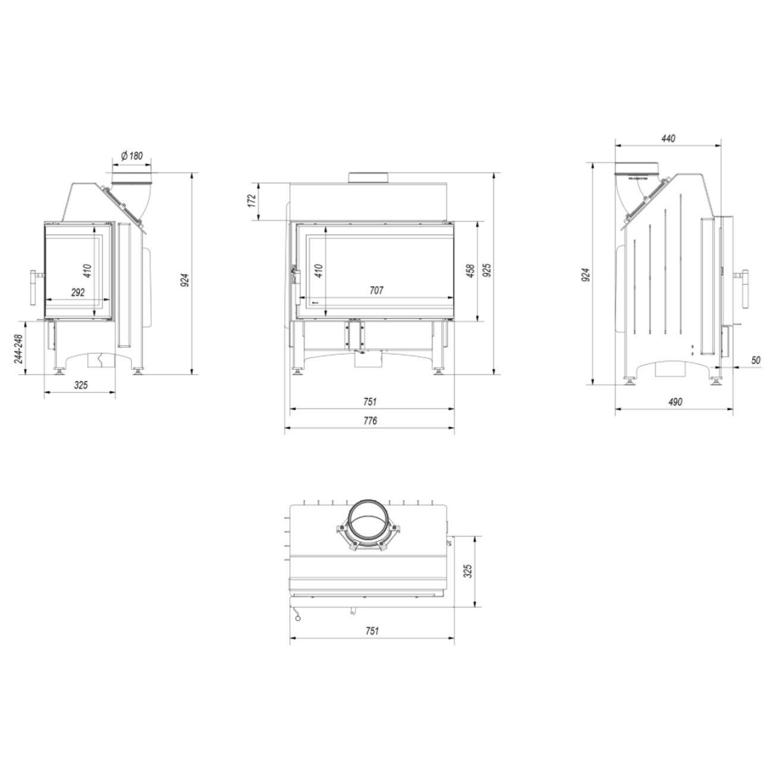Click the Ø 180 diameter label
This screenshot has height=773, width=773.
131,156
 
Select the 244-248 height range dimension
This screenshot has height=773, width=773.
18,348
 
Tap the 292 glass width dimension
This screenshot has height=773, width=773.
78,292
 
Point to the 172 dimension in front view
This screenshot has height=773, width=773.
252,200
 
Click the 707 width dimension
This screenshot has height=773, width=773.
376,290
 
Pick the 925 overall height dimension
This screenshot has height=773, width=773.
487,271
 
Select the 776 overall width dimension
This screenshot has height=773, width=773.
370,420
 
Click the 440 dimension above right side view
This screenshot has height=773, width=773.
668,139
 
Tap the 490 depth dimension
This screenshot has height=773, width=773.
674,402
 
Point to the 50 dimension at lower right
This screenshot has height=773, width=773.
756,360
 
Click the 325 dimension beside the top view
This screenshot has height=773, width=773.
467,571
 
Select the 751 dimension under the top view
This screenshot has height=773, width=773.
371,631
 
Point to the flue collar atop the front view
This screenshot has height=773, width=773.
368,178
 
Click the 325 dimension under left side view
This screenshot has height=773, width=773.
81,385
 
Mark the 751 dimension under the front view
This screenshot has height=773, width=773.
370,402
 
